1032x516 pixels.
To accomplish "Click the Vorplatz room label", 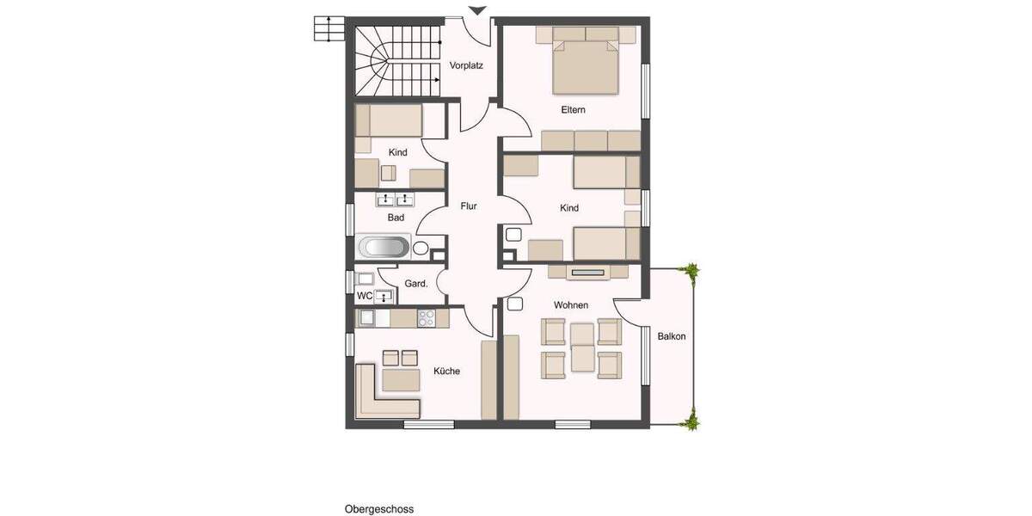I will coord(466,65).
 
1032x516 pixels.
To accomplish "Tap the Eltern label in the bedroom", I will coord(573,110).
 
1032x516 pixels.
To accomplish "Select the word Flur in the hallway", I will coord(469,206).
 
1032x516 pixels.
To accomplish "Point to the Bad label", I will coord(396,218).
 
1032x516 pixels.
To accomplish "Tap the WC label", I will coord(365,296).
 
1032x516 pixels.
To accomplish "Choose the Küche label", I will coord(446,372).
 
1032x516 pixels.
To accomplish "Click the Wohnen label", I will coord(571,305).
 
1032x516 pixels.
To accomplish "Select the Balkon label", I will coord(672,336).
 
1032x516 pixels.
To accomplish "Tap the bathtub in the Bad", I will coord(384,249).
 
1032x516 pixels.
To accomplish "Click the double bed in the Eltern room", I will coord(585,65).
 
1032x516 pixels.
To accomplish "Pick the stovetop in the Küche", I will coord(426,317).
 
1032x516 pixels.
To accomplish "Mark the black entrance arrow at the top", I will coord(478,10).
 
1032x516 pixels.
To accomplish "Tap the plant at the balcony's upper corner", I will coord(690,271).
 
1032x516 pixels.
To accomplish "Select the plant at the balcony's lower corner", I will coord(690,421).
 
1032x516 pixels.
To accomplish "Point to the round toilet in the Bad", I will coord(421,249).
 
